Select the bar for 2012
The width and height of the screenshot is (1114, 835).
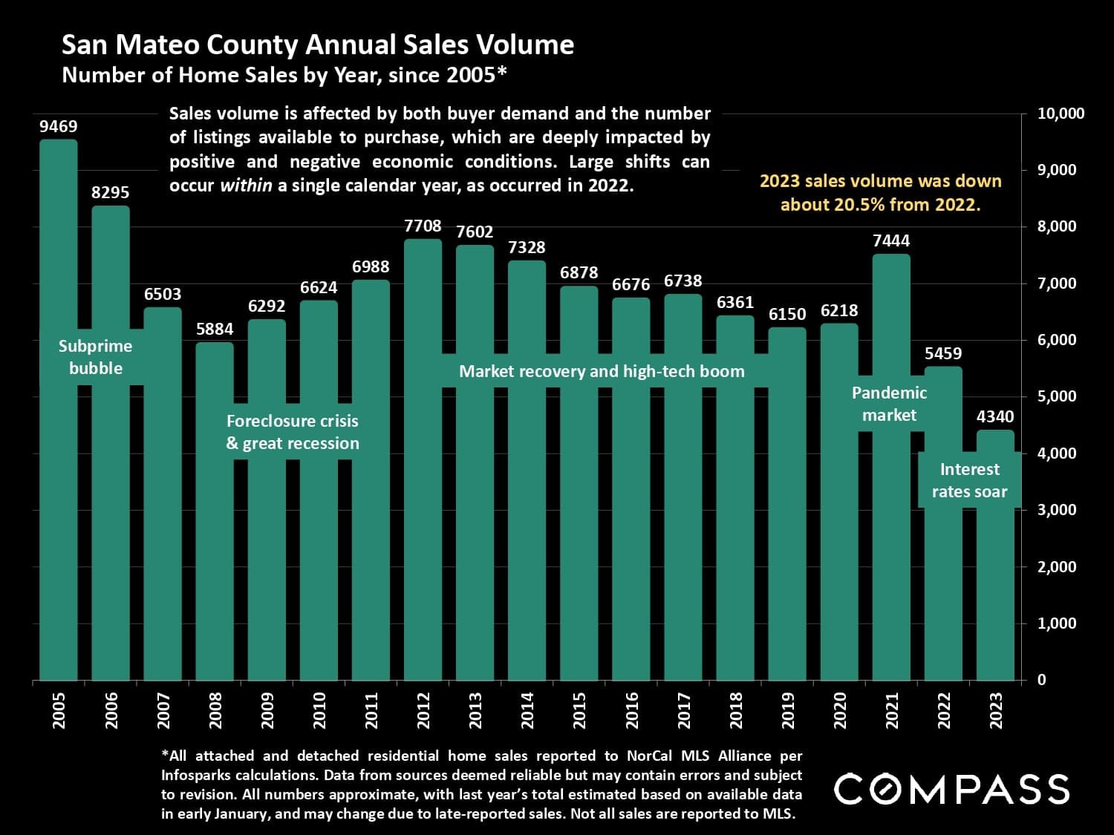pyautogui.click(x=423, y=520)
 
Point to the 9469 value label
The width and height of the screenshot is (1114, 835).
pyautogui.click(x=59, y=127)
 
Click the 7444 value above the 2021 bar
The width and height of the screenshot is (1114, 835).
pyautogui.click(x=891, y=240)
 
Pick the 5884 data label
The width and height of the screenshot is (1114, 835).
pyautogui.click(x=215, y=329)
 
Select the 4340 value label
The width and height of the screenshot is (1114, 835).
pyautogui.click(x=995, y=416)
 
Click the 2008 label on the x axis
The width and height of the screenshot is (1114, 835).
pyautogui.click(x=215, y=710)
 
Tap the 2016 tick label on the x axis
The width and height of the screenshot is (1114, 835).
pyautogui.click(x=632, y=710)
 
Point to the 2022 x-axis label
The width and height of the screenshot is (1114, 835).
pyautogui.click(x=944, y=710)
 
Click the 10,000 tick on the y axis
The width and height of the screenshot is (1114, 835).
pyautogui.click(x=1060, y=114)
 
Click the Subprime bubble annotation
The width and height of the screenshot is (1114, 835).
pyautogui.click(x=96, y=357)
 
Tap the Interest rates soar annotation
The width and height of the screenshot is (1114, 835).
pyautogui.click(x=969, y=480)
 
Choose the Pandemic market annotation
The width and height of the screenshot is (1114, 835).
pyautogui.click(x=889, y=404)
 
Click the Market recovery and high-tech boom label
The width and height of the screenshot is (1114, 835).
pyautogui.click(x=602, y=371)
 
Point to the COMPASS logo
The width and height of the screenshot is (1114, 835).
pyautogui.click(x=951, y=788)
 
